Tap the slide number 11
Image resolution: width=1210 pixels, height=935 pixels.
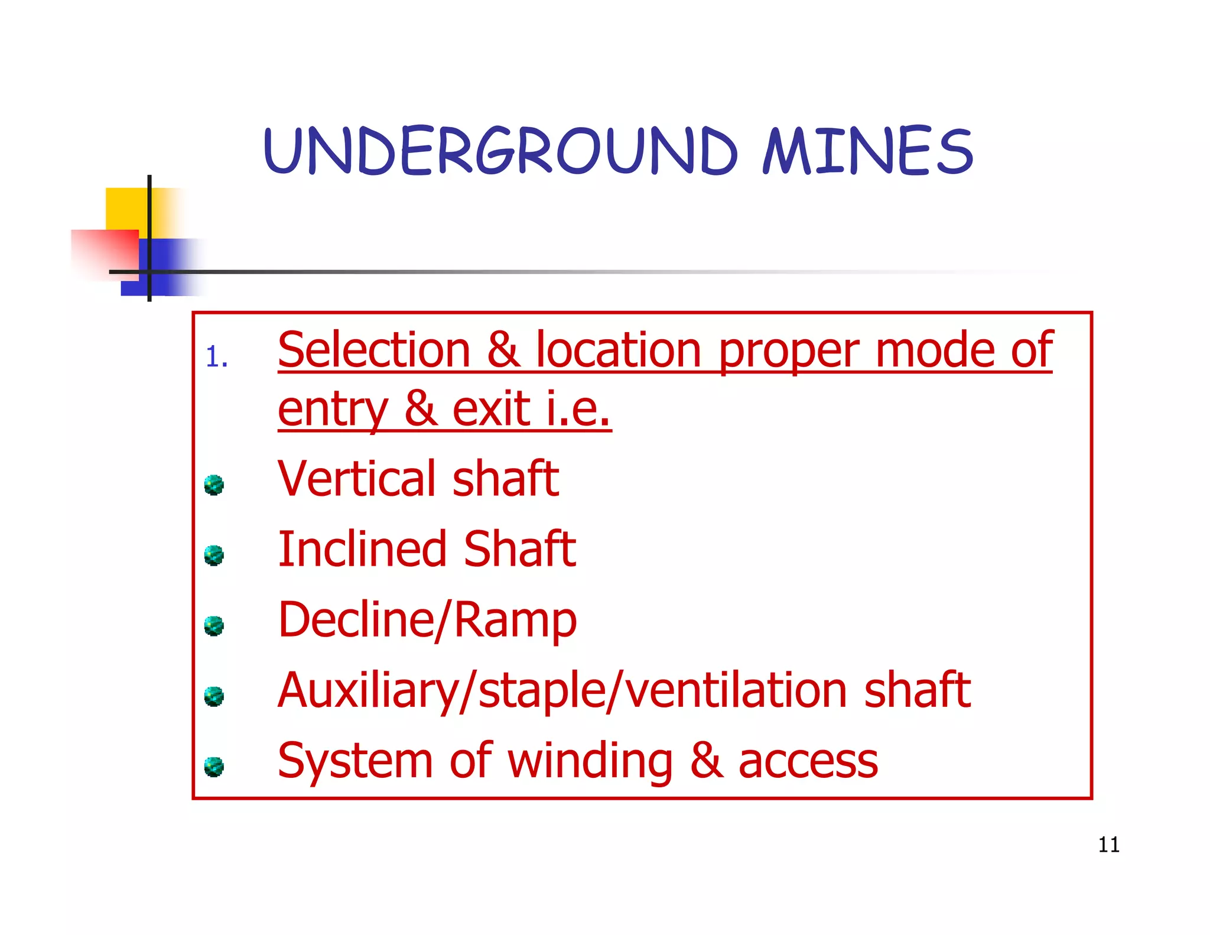[1108, 845]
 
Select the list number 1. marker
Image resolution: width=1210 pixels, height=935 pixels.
[217, 358]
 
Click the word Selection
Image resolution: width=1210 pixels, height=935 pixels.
[374, 350]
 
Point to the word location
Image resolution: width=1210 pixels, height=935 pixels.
[619, 350]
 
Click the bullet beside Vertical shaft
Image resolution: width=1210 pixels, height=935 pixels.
[214, 485]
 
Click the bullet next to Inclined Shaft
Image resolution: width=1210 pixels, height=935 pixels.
[214, 555]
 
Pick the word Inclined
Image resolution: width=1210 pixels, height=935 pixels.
[362, 549]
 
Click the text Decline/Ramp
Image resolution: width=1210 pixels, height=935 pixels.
[427, 620]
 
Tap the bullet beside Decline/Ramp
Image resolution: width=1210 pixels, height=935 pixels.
[214, 625]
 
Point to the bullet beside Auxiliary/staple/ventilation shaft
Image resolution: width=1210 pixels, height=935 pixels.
[214, 696]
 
